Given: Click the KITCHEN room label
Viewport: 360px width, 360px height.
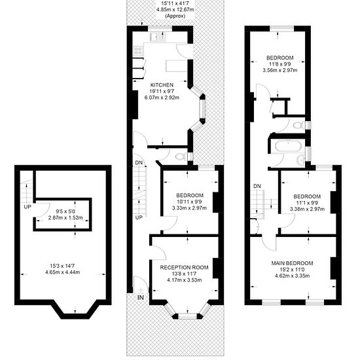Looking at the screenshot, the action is point(162,85).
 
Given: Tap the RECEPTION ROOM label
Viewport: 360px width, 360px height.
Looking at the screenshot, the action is point(184,268).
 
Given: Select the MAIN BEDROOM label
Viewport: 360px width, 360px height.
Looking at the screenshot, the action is point(292,263).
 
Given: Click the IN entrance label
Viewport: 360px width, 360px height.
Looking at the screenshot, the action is point(141,298).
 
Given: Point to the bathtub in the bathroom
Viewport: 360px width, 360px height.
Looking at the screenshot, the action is point(288,147).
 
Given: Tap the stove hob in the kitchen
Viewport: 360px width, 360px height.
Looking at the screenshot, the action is point(138,51).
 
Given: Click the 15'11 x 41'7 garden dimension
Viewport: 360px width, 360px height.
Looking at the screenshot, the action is point(175,3).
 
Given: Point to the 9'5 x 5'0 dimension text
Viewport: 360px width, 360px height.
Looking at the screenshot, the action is point(65,211).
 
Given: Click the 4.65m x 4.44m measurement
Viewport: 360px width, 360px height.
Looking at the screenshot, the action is point(63,272).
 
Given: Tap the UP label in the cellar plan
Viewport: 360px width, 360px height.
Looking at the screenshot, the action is point(27,207).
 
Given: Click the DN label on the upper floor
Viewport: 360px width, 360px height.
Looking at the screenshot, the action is point(257,186).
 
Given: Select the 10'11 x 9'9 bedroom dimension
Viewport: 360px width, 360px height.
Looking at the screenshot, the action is point(190,202).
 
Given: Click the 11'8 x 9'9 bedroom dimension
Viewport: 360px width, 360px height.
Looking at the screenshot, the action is point(280,64).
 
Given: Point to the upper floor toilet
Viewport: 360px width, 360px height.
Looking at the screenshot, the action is point(299,126).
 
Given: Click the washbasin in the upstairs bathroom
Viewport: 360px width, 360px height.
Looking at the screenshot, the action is point(300,159).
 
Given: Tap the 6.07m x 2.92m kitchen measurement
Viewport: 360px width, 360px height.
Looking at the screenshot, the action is point(162,98).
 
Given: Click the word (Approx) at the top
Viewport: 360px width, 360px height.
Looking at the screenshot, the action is point(175,16).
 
